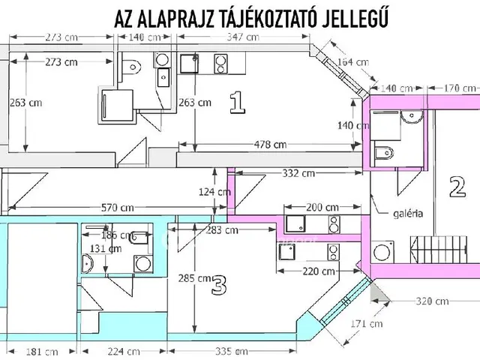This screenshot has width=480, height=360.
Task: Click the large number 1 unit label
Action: pyautogui.click(x=237, y=101)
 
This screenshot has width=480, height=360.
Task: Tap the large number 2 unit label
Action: pyautogui.click(x=457, y=185)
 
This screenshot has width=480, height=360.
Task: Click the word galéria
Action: pyautogui.click(x=407, y=213)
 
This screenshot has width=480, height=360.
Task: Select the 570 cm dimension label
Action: pyautogui.click(x=118, y=208)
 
